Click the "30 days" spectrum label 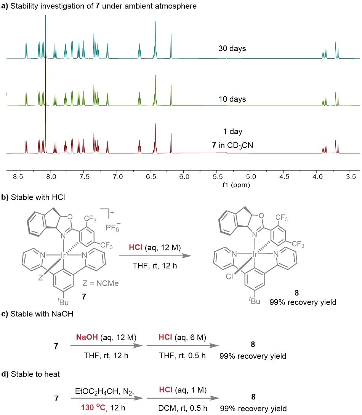(x=232, y=49)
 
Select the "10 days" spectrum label (x=232, y=99)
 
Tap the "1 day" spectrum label (x=233, y=132)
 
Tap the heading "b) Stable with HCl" (x=29, y=197)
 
